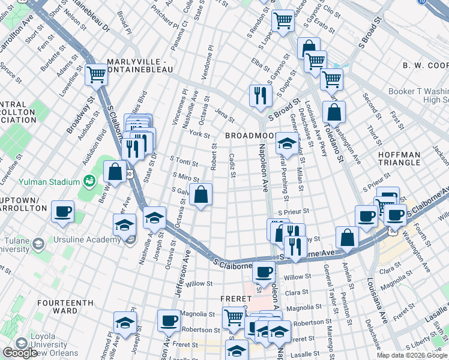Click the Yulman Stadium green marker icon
click(90, 181)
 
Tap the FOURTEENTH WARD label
click(65, 307)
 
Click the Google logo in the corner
click(20, 353)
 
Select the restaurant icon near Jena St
click(261, 94)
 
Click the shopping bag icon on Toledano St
click(334, 112)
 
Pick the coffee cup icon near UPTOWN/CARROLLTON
click(62, 211)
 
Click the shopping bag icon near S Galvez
click(201, 194)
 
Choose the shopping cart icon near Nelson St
click(95, 74)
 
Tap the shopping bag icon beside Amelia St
click(347, 237)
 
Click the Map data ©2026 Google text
click(412, 355)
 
